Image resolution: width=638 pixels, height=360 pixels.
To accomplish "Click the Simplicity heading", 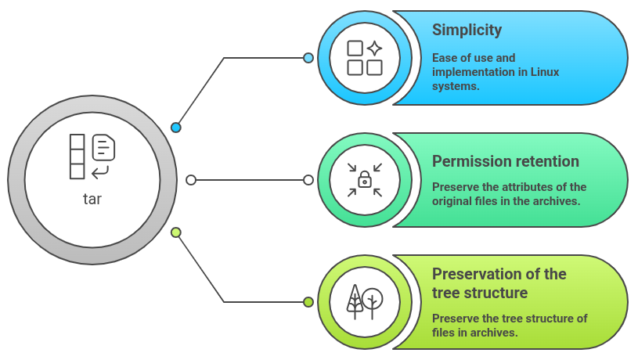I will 467,31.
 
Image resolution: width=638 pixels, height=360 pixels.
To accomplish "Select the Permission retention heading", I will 506,162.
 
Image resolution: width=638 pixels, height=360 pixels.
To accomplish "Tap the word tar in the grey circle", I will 92,200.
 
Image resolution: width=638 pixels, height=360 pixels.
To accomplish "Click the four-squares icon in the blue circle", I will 365,58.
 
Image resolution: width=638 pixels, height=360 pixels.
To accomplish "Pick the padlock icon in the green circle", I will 365,180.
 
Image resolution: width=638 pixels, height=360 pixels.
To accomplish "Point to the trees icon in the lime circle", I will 365,301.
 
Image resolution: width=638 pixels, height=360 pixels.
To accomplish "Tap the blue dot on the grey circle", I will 176,127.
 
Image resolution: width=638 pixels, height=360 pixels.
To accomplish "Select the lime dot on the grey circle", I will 176,232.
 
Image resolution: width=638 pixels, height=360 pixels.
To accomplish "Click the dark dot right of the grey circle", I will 191,180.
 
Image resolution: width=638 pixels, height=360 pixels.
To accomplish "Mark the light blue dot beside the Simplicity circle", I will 308,58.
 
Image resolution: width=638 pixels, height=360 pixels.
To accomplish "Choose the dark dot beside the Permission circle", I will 308,180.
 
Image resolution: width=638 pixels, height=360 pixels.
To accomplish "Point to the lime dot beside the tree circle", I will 308,302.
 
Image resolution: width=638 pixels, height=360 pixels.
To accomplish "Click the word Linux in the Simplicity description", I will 544,72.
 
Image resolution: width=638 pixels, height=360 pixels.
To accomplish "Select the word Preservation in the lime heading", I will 478,275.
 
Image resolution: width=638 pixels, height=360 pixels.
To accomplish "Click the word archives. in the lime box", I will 494,333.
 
